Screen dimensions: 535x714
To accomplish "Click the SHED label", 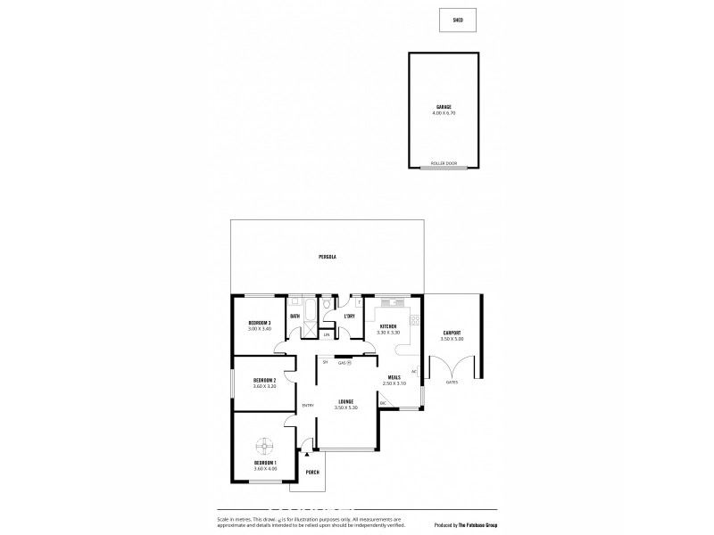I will (x=458, y=19).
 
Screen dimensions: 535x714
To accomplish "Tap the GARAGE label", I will (x=444, y=107).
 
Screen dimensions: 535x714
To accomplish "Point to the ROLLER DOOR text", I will (x=444, y=164).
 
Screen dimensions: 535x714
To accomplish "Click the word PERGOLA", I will (x=327, y=257).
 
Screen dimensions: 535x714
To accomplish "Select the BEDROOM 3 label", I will (x=260, y=322).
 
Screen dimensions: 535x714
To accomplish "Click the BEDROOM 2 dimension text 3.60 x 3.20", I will (x=264, y=386).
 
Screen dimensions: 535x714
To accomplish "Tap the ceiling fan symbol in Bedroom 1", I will (x=265, y=444).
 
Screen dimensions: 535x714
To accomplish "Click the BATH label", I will (x=295, y=317).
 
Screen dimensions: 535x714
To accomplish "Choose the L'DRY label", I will (x=349, y=317).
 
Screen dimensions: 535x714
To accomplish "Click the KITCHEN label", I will (x=388, y=327).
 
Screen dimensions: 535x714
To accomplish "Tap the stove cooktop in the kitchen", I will (x=414, y=320).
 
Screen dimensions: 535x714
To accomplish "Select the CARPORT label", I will (x=452, y=333).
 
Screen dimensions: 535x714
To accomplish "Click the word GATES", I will (x=452, y=382).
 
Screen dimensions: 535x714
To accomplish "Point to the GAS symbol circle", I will (x=349, y=362).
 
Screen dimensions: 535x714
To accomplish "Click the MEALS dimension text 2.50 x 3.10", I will (x=394, y=383).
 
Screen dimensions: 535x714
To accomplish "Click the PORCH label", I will (x=312, y=472).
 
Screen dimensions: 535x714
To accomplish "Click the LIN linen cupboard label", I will (x=327, y=334).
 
